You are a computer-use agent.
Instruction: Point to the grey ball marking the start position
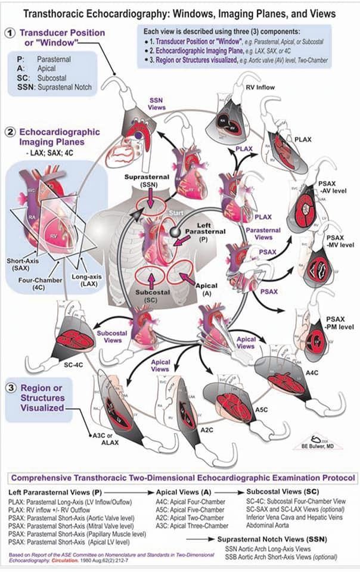point(176,231)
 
